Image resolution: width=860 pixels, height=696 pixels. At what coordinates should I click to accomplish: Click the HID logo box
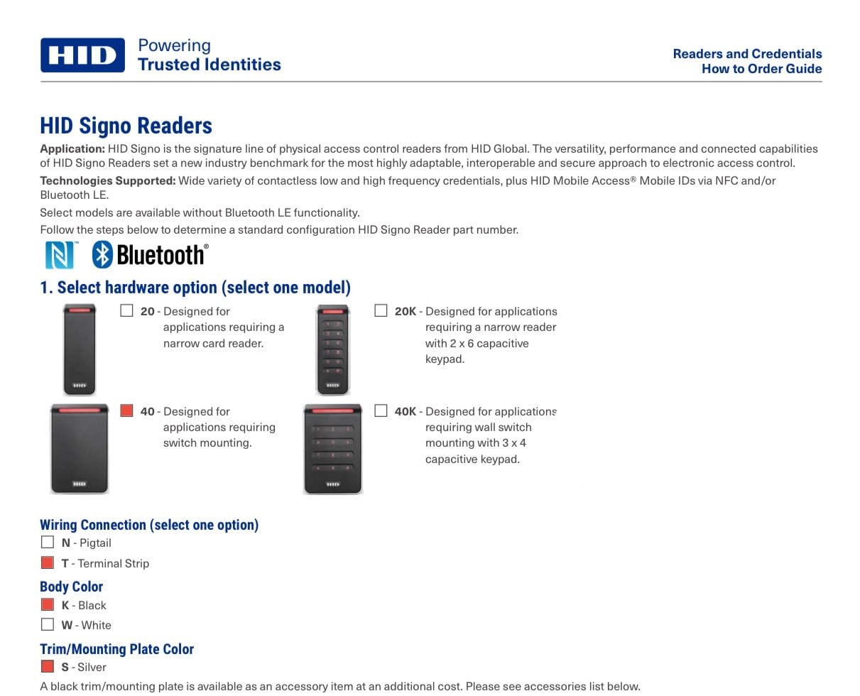click(82, 55)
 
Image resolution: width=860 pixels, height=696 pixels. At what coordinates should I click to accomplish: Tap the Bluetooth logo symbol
click(103, 254)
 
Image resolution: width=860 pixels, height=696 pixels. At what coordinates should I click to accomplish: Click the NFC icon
click(60, 255)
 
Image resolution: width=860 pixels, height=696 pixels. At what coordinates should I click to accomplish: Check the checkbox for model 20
click(127, 310)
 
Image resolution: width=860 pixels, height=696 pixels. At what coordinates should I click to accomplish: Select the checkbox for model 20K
click(381, 310)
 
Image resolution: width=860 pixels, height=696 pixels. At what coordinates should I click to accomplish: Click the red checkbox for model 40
click(127, 410)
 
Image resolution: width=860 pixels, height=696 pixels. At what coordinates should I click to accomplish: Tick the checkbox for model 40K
click(381, 410)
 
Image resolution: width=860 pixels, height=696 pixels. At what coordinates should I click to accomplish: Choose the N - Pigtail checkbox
click(48, 542)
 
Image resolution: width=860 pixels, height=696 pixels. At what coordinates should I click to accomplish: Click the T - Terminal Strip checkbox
click(48, 562)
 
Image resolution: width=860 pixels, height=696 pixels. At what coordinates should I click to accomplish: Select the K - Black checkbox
click(48, 604)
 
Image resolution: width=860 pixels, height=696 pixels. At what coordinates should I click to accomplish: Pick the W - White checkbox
click(48, 624)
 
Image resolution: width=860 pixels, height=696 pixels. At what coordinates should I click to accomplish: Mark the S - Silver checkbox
click(48, 666)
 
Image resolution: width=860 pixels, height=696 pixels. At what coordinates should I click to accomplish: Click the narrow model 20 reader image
click(79, 349)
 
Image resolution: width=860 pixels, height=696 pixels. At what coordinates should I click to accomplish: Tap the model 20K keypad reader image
click(332, 349)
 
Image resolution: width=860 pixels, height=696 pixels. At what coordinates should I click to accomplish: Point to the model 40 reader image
click(79, 449)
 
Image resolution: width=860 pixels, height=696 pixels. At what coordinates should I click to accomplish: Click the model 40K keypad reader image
click(332, 449)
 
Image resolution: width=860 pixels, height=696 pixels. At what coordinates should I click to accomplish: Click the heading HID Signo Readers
click(126, 126)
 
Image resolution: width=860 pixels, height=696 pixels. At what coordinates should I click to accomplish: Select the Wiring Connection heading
click(149, 525)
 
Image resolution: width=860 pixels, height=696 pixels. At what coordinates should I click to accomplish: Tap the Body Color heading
click(71, 587)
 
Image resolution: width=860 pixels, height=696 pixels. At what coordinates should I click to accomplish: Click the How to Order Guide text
click(761, 69)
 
